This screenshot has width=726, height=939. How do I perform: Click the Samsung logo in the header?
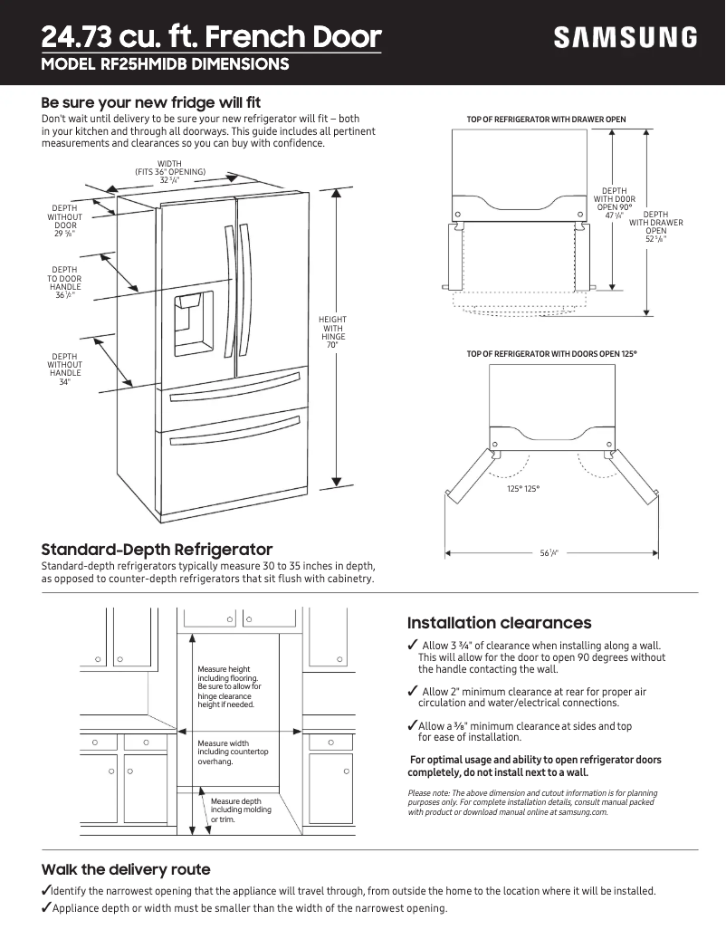[626, 37]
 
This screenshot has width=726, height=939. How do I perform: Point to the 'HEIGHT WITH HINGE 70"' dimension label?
[332, 332]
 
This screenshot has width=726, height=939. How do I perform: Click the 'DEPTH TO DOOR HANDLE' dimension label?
[64, 283]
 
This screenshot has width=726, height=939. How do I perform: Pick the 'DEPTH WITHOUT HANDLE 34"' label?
[65, 369]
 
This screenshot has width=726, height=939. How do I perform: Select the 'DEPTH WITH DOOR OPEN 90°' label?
[614, 203]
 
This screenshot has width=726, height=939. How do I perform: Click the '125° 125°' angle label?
[522, 489]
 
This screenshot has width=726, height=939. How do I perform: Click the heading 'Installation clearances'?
[499, 623]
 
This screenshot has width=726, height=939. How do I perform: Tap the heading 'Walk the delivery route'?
[126, 869]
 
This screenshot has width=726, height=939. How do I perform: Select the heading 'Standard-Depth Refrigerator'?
[157, 550]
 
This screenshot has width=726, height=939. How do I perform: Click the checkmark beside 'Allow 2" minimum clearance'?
[413, 692]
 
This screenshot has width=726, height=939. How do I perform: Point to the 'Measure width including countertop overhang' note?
[233, 752]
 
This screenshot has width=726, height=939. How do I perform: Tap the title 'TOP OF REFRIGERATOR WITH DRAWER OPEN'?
[546, 120]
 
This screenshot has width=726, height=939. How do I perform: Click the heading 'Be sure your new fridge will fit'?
[151, 102]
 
